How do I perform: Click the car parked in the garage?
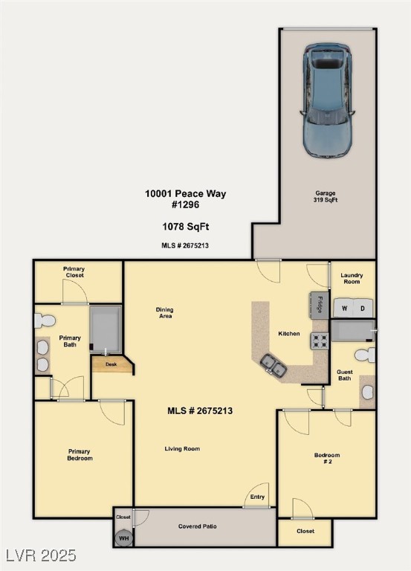point(327,100)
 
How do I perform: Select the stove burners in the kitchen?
point(320,341)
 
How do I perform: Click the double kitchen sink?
point(273,364)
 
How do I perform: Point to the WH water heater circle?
point(123,537)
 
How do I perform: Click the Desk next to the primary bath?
point(111,364)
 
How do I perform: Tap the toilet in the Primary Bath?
point(45,320)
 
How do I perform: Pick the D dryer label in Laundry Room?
point(363,308)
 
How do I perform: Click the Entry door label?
point(257,497)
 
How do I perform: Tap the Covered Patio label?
point(198,526)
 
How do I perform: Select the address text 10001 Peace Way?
point(185,193)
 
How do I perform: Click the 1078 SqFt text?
point(185,226)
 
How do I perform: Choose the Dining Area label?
point(164,313)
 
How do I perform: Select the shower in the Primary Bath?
point(106,328)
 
